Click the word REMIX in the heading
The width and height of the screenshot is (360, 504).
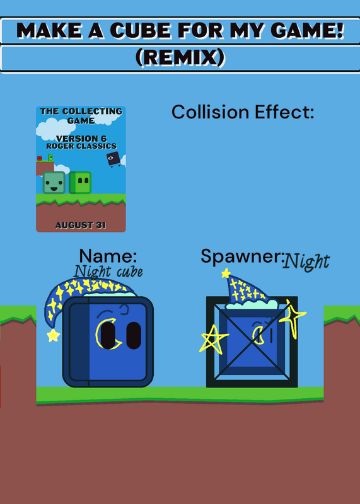pyautogui.click(x=180, y=57)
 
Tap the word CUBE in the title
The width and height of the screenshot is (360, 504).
pyautogui.click(x=140, y=30)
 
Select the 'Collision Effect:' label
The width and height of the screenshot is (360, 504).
pyautogui.click(x=243, y=112)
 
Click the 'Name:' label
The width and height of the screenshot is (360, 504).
pyautogui.click(x=108, y=256)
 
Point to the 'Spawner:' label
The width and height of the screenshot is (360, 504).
pyautogui.click(x=243, y=256)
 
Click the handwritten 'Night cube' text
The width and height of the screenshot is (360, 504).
pyautogui.click(x=108, y=272)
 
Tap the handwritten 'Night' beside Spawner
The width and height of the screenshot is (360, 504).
pyautogui.click(x=306, y=261)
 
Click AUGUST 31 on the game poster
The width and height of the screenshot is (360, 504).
pyautogui.click(x=81, y=225)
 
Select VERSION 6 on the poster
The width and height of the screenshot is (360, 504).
pyautogui.click(x=81, y=139)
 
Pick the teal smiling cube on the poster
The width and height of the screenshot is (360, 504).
pyautogui.click(x=54, y=183)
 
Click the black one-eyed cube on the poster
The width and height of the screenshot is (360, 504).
pyautogui.click(x=113, y=159)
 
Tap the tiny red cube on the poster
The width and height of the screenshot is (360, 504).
pyautogui.click(x=40, y=158)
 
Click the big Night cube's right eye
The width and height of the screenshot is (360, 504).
pyautogui.click(x=134, y=335)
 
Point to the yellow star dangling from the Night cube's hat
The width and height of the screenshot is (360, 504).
pyautogui.click(x=54, y=336)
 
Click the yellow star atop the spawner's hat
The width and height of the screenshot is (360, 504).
pyautogui.click(x=226, y=273)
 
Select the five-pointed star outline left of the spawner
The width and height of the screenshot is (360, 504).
pyautogui.click(x=212, y=339)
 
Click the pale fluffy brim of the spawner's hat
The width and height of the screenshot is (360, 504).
pyautogui.click(x=252, y=304)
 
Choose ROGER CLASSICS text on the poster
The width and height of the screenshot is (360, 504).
pyautogui.click(x=81, y=146)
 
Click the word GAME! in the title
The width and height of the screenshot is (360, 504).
pyautogui.click(x=307, y=30)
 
